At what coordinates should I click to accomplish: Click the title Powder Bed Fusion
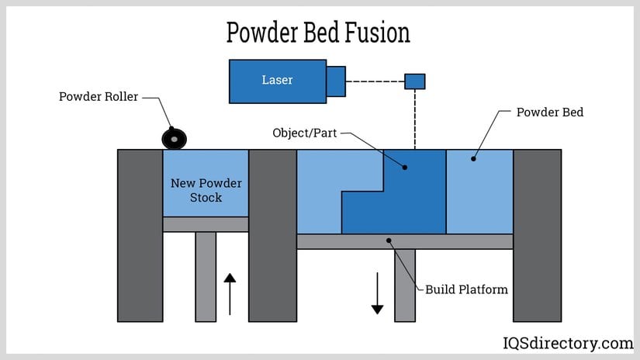pyautogui.click(x=318, y=32)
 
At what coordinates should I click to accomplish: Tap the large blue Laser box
pyautogui.click(x=277, y=81)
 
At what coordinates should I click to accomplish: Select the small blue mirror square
pyautogui.click(x=415, y=81)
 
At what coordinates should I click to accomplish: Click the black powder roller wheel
pyautogui.click(x=174, y=139)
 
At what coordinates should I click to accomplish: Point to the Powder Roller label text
pyautogui.click(x=99, y=97)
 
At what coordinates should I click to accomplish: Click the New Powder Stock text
pyautogui.click(x=206, y=190)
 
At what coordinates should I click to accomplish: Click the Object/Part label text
pyautogui.click(x=305, y=133)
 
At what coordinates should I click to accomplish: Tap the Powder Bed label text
pyautogui.click(x=550, y=112)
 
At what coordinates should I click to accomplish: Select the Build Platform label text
pyautogui.click(x=466, y=289)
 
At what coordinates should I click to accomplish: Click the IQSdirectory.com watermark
pyautogui.click(x=566, y=343)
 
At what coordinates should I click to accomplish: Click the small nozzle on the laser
pyautogui.click(x=336, y=81)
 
